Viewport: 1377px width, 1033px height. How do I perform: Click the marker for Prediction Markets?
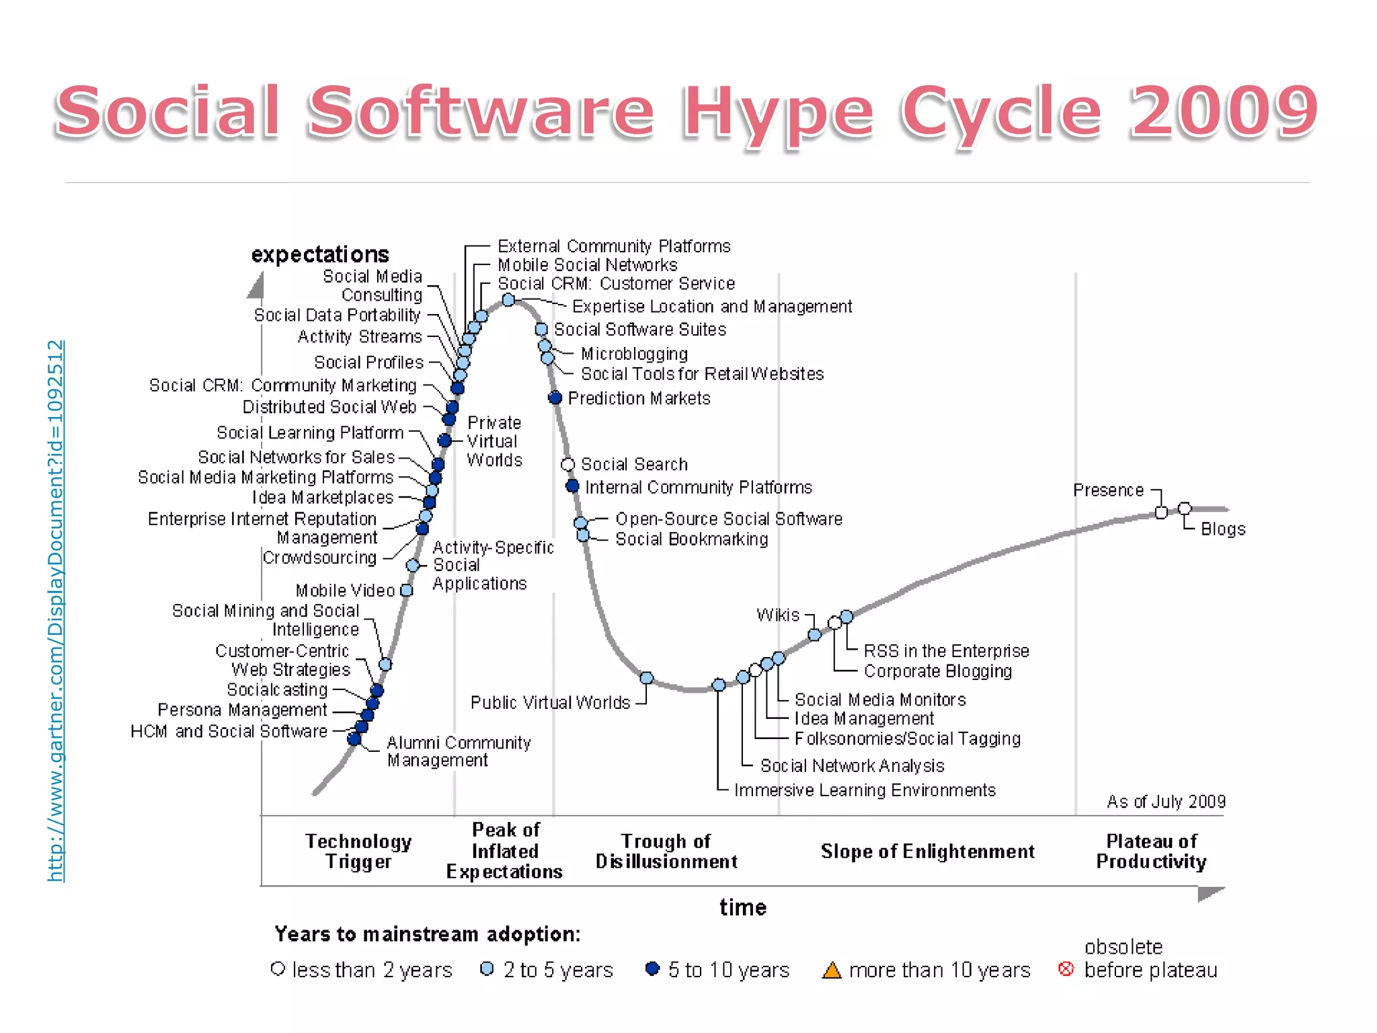pos(555,398)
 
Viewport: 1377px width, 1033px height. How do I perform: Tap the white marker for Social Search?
pos(567,465)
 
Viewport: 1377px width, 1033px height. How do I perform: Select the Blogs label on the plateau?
pos(1223,529)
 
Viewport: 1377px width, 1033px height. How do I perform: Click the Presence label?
pos(1108,490)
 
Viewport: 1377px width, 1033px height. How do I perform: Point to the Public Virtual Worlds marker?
pos(646,678)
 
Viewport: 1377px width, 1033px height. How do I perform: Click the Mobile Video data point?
pos(407,590)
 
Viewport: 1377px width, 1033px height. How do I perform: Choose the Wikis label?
pos(778,615)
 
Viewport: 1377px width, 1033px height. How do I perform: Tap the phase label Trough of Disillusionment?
pos(666,851)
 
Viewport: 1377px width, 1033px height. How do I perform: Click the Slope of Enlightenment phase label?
pos(927,851)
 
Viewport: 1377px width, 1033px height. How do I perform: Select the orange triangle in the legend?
pos(832,970)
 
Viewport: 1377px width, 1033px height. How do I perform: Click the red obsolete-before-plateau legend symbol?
pos(1066,969)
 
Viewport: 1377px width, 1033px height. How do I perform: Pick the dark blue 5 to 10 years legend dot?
pos(652,969)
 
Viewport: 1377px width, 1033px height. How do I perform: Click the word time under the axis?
pos(742,908)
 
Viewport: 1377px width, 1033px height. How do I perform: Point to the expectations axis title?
pos(320,255)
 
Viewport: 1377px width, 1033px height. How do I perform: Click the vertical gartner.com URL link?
pos(56,611)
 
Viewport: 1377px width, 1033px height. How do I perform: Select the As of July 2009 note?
pos(1166,802)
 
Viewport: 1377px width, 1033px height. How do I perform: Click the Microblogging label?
pos(634,354)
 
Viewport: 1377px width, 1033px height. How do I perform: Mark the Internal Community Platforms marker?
pos(572,486)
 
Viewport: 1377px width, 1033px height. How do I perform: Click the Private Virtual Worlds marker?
pos(444,441)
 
